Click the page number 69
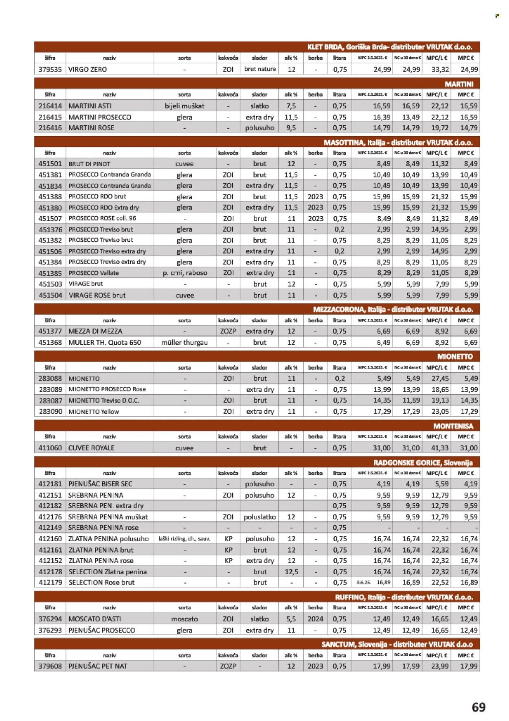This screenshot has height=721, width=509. (x=478, y=707)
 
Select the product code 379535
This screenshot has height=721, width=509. (x=50, y=69)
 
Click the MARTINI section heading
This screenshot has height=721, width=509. (x=459, y=84)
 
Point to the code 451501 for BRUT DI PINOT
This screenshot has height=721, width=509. (x=50, y=164)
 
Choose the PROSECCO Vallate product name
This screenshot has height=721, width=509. (x=94, y=273)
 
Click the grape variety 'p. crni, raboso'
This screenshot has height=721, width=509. (x=184, y=273)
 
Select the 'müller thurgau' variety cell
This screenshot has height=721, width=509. (x=184, y=342)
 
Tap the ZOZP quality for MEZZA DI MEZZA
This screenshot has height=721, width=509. (x=228, y=331)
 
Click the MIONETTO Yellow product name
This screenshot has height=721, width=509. (x=94, y=412)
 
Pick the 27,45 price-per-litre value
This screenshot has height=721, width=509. (x=440, y=378)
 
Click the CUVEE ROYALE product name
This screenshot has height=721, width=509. (x=91, y=448)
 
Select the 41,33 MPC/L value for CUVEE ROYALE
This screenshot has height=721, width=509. (x=440, y=448)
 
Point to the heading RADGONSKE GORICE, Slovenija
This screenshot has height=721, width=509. (x=423, y=463)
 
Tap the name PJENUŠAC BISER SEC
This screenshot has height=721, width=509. (x=100, y=484)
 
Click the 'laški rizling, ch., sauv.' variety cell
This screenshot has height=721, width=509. (x=184, y=539)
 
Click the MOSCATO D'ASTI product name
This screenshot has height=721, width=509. (x=94, y=619)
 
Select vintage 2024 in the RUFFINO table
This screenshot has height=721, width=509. (x=315, y=619)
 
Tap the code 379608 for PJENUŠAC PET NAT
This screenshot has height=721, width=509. (x=50, y=666)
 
